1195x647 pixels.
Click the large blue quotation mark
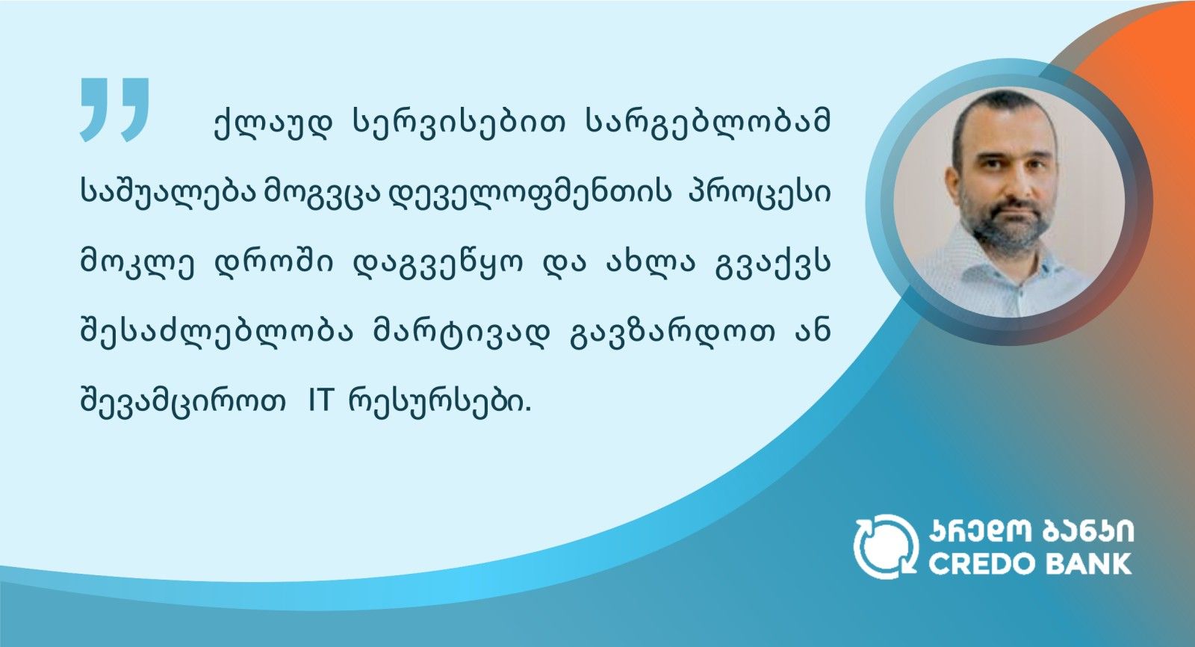(x=114, y=109)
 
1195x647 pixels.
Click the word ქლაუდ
(x=273, y=124)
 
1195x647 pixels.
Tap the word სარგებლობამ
(x=709, y=124)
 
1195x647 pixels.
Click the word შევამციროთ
(x=182, y=401)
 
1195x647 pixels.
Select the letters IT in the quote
(x=320, y=401)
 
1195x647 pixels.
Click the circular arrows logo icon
(x=886, y=546)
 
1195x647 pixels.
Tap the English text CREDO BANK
(x=1030, y=564)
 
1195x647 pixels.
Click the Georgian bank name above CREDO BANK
(x=1031, y=531)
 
